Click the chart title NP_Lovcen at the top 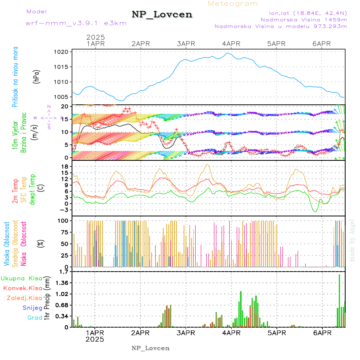[162, 15]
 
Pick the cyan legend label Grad [34, 318]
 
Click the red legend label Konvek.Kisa [23, 288]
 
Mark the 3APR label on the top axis [186, 44]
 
